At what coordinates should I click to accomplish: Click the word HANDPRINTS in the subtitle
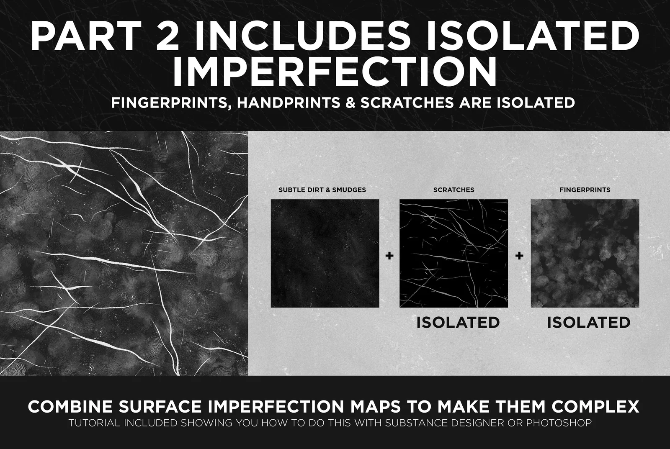[x=289, y=102]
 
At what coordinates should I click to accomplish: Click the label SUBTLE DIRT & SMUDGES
[x=322, y=190]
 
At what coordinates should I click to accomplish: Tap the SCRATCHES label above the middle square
[x=454, y=190]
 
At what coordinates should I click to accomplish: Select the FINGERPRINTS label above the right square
[x=585, y=190]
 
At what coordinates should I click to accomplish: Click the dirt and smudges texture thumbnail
[x=325, y=253]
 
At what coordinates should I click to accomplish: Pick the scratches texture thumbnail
[x=454, y=253]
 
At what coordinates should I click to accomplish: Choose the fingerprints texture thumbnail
[x=585, y=253]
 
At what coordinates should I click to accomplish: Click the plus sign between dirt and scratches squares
[x=389, y=255]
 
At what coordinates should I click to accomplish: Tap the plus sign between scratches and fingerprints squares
[x=519, y=255]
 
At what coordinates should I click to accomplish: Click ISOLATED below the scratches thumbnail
[x=458, y=322]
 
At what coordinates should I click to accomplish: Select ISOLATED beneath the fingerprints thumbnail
[x=588, y=322]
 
